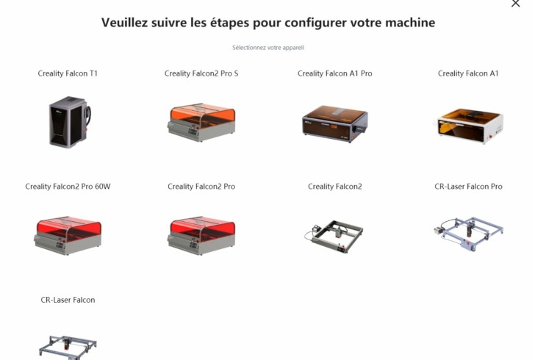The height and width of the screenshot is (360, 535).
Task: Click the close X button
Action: [x=515, y=4]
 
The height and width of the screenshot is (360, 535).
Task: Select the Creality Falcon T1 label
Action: [x=68, y=73]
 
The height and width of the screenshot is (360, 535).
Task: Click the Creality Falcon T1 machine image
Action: [x=68, y=122]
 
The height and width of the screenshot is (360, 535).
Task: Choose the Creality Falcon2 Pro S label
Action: [x=201, y=73]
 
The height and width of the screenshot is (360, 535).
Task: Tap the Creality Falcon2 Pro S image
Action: [x=201, y=123]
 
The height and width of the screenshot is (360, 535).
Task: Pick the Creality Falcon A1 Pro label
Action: [x=334, y=73]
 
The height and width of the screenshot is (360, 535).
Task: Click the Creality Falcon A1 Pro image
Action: [x=334, y=123]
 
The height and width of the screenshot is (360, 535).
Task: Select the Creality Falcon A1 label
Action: [x=468, y=73]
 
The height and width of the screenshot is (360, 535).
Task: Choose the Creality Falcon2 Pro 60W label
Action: [x=68, y=187]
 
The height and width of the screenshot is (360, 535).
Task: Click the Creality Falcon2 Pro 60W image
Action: [x=68, y=235]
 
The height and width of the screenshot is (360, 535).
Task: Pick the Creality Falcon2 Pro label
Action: [x=201, y=187]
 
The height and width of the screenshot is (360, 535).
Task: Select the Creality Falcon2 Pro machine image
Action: [x=201, y=235]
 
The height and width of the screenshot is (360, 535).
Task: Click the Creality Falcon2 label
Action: [x=334, y=187]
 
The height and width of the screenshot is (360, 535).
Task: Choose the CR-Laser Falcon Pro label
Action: [x=468, y=187]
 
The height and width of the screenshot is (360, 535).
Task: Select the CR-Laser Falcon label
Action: [x=68, y=300]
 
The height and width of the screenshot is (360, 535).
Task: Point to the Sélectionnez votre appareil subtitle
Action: [x=267, y=48]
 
